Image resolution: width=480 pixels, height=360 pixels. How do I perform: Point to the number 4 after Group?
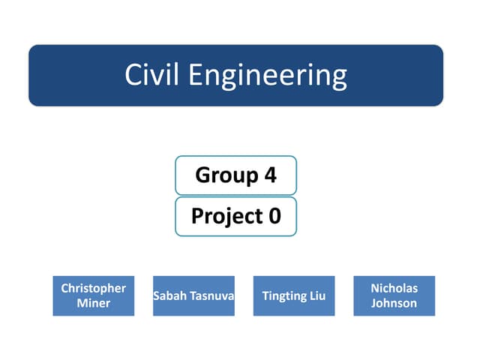tap(270, 175)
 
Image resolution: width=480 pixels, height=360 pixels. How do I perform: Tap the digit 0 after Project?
tap(274, 216)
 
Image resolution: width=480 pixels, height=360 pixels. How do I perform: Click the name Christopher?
tap(94, 288)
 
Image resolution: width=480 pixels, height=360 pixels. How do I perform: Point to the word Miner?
tap(94, 303)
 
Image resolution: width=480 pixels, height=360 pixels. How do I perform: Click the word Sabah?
tap(170, 296)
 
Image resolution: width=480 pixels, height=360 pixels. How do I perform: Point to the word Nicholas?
tap(394, 288)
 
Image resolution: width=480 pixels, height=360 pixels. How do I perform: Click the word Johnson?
tap(394, 303)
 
